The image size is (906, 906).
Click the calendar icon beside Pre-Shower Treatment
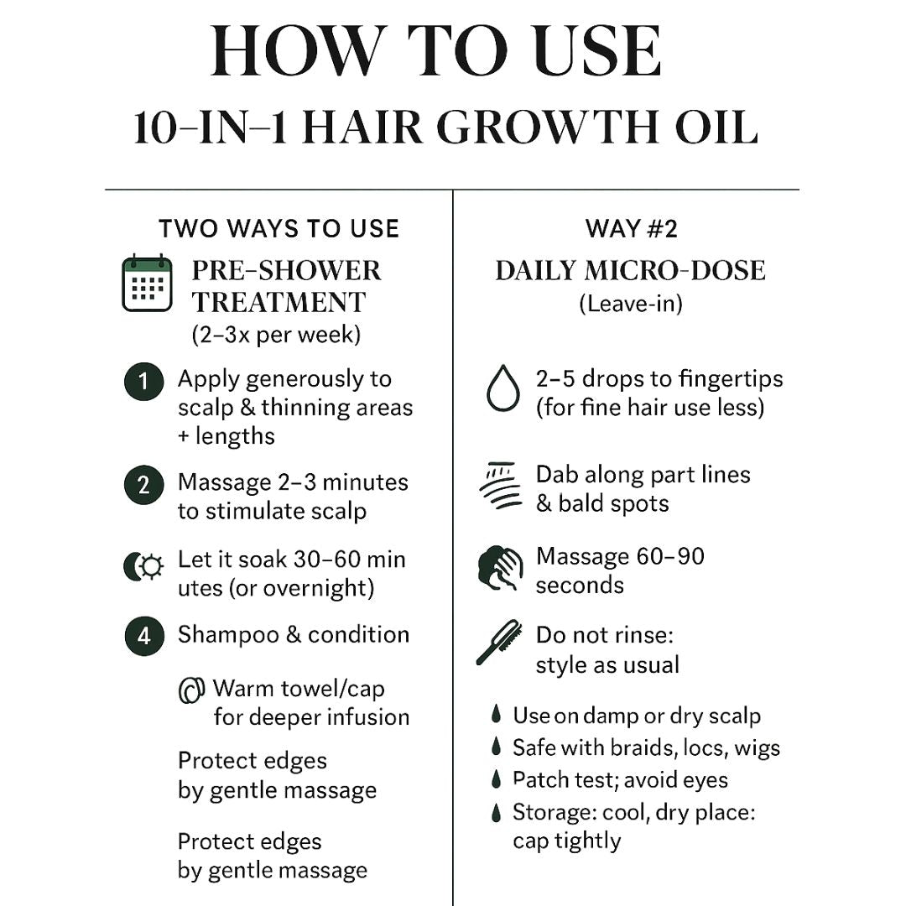tap(147, 284)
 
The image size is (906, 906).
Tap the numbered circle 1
tap(143, 383)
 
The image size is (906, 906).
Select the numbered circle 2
tap(143, 486)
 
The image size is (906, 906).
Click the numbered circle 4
tap(143, 636)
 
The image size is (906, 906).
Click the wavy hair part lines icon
tap(501, 486)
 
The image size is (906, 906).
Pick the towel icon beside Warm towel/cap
tap(192, 690)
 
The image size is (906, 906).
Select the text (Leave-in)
tap(630, 303)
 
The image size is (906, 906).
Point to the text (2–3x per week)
tap(276, 334)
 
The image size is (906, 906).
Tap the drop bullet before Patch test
tap(497, 779)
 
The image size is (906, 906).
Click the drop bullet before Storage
tap(497, 812)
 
